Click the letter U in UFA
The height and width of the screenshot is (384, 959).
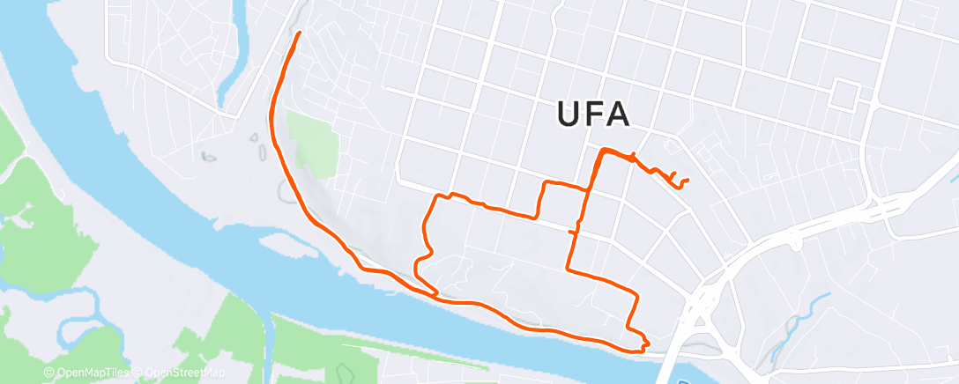pos(570,114)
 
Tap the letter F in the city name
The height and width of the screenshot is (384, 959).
pos(593,114)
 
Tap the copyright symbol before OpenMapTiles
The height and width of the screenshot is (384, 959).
pos(48,373)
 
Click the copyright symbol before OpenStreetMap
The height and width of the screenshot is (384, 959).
pos(139,373)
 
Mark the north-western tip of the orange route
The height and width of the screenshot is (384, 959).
pos(300,33)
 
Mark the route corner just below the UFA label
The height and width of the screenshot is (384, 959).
pos(603,151)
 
